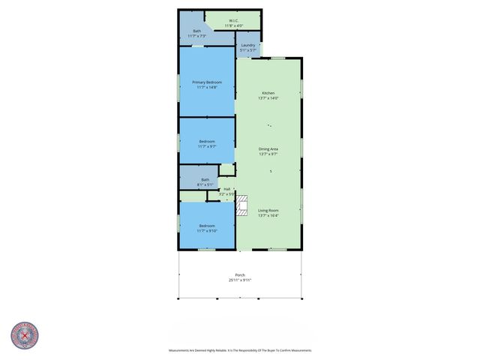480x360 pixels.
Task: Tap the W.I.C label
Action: click(234, 20)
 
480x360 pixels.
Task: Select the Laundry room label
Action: click(247, 46)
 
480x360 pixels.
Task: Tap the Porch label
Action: click(240, 274)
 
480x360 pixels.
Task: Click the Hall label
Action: click(226, 189)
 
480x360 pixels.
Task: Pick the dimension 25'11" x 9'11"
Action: click(240, 280)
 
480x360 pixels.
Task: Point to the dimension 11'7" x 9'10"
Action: click(206, 231)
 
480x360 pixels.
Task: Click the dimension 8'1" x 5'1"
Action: click(205, 184)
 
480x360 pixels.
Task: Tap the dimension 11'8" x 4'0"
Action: click(234, 26)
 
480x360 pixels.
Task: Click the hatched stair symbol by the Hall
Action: click(241, 205)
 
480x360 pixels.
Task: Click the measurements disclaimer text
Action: click(240, 350)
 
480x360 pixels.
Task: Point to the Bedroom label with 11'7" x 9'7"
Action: click(206, 141)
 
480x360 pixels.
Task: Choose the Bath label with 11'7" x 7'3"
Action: click(196, 31)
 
